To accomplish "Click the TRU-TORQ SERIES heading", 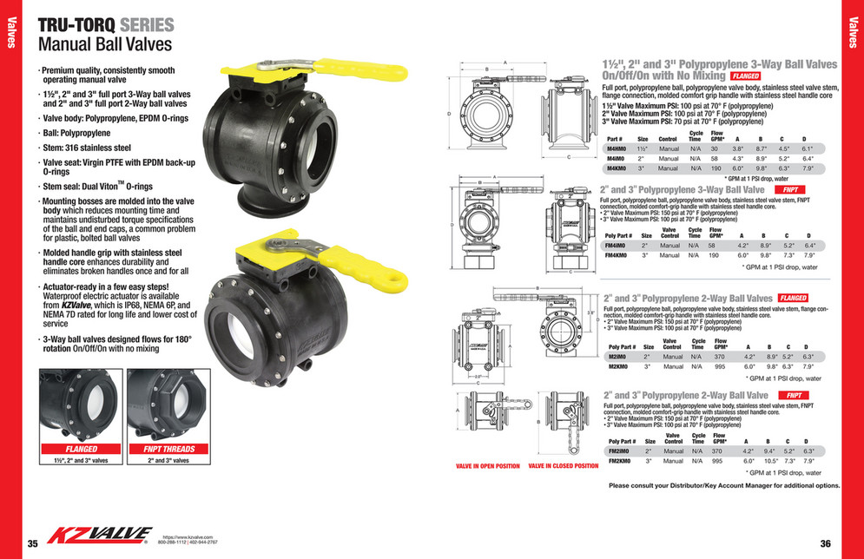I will (x=106, y=25).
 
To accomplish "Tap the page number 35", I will (x=33, y=544).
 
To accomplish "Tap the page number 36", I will (x=825, y=544).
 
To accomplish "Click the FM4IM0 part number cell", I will (x=617, y=246).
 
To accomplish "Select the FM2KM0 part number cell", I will (x=619, y=462).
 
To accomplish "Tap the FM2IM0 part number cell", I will (x=619, y=451).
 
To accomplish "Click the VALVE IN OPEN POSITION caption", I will (x=488, y=467).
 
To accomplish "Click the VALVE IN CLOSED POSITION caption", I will (x=564, y=467).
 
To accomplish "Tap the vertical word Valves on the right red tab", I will (x=852, y=31).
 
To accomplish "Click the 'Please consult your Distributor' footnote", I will (x=724, y=486).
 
